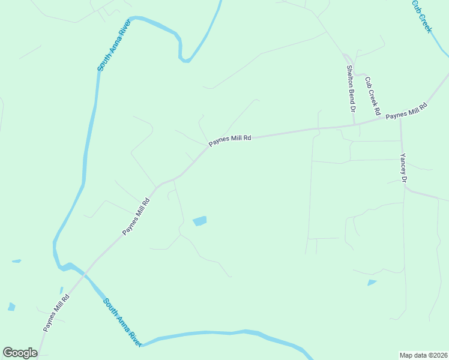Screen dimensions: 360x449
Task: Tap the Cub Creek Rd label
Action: tap(372, 96)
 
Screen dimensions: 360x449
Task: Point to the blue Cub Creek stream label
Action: tap(421, 16)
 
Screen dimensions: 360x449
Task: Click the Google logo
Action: tap(20, 353)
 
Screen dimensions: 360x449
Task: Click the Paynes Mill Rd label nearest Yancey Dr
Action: tap(406, 112)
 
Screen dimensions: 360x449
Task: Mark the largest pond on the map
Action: tap(199, 221)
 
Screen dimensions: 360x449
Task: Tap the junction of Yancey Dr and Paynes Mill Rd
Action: tap(400, 118)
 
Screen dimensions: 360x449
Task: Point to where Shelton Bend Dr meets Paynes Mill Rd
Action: tap(354, 125)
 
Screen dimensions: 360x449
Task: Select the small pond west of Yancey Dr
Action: tap(372, 282)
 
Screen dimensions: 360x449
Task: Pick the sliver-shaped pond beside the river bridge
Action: tap(61, 290)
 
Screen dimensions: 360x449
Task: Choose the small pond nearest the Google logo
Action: tap(11, 307)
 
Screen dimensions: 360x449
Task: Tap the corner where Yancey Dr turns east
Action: tap(406, 188)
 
